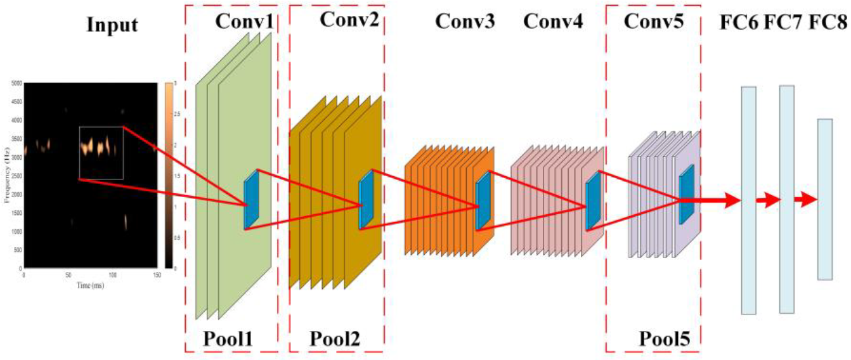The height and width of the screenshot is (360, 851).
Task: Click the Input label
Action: coord(113,26)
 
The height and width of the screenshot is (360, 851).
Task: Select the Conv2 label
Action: coord(349,20)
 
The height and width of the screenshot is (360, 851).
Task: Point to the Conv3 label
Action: coord(465,22)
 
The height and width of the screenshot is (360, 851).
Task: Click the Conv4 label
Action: coord(553,22)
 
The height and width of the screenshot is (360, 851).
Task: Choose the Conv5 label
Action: coord(654,22)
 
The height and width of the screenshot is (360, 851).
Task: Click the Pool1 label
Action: coord(228,338)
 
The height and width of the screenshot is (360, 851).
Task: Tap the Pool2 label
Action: coord(335,338)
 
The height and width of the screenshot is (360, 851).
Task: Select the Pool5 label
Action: coord(665,338)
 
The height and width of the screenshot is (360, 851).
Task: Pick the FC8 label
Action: coord(829,22)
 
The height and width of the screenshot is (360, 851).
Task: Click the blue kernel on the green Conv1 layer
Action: coord(252,199)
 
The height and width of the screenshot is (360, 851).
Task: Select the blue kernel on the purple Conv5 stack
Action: coord(686,193)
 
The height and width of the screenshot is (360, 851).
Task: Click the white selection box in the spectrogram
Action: coord(101,152)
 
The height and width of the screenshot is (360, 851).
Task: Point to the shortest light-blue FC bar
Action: coord(824,199)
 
